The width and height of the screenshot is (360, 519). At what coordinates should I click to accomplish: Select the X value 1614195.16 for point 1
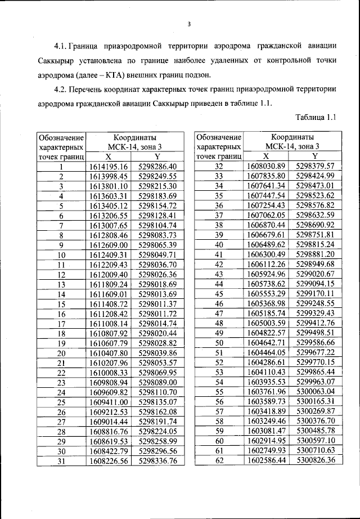point(109,167)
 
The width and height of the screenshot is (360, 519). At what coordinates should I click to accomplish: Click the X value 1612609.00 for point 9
point(109,245)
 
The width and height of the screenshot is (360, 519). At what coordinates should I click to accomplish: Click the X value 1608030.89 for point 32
point(267,167)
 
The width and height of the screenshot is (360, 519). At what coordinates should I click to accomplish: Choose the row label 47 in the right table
point(219,314)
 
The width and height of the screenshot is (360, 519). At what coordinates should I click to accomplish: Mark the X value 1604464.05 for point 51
point(267,353)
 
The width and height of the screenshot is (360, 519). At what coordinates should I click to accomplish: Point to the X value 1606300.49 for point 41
point(267,254)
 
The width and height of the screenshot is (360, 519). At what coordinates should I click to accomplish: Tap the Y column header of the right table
point(316,156)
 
